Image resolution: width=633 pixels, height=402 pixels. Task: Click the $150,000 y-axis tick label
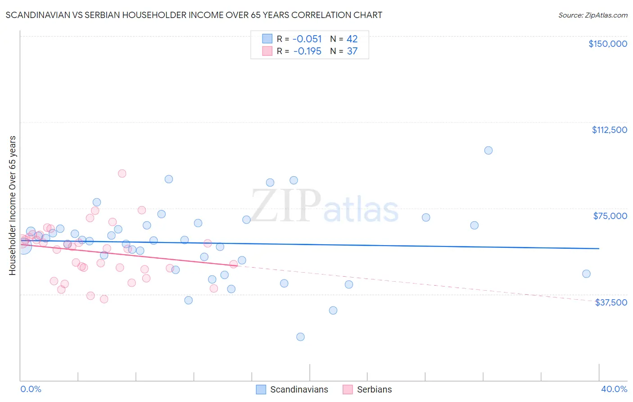[607, 44]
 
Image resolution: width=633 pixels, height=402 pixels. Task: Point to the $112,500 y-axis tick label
[609, 130]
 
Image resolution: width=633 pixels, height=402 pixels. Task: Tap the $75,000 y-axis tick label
[610, 216]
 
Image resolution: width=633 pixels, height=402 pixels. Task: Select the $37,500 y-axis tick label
[610, 302]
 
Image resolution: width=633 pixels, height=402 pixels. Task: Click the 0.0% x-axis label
[31, 389]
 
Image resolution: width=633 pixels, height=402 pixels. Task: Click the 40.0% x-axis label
[614, 389]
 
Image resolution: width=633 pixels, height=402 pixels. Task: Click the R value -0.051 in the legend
[307, 39]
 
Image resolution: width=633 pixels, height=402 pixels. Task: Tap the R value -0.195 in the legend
[307, 51]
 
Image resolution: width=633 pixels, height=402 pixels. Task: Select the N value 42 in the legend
[352, 39]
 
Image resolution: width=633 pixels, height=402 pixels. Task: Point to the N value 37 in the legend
[352, 51]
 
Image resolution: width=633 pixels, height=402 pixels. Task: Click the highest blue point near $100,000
[488, 151]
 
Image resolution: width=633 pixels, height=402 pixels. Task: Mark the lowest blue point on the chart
[300, 337]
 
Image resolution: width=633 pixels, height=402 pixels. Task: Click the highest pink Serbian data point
[122, 174]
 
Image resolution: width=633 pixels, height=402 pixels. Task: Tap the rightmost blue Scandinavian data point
[586, 274]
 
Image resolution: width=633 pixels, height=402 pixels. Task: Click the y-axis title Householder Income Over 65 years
[12, 206]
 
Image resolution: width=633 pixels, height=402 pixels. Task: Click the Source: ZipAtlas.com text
[592, 15]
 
